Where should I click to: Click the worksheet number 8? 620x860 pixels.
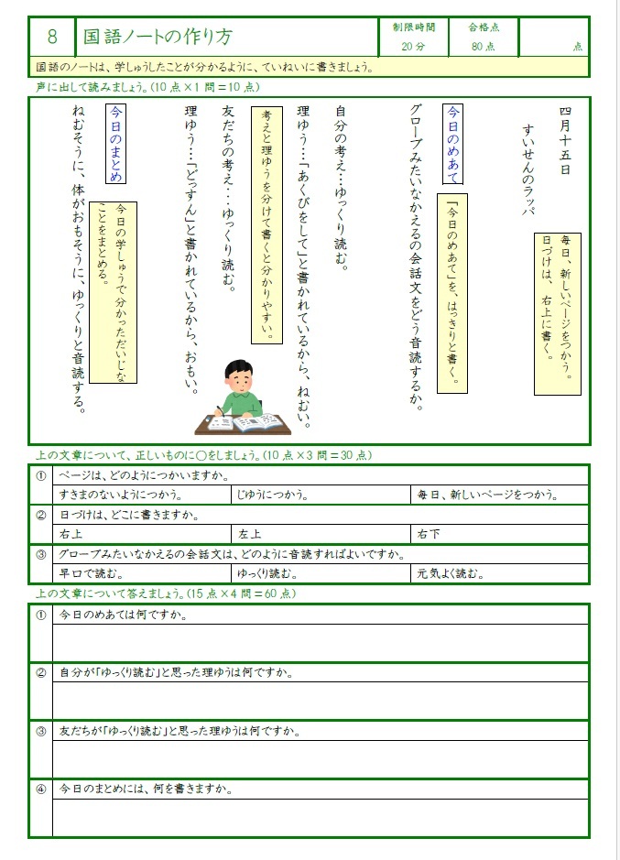pos(52,37)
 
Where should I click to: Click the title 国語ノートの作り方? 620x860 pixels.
pos(158,37)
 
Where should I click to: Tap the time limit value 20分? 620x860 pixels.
pos(413,46)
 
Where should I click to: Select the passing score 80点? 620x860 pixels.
pos(483,46)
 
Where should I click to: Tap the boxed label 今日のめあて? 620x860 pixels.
pos(453,140)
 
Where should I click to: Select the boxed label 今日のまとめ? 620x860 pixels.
pos(116,144)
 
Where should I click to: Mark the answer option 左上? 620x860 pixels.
pos(250,534)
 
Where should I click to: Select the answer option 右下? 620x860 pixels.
pos(429,534)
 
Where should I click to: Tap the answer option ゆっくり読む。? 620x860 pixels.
pos(266,574)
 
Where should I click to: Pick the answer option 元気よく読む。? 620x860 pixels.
pos(451,574)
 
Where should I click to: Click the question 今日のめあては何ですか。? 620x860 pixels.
pos(124,615)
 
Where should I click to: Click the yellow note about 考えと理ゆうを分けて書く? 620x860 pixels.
pos(266,224)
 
